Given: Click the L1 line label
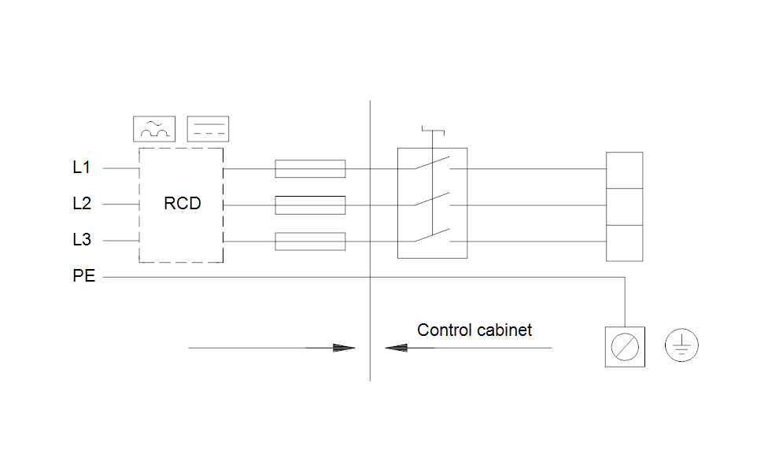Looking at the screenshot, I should pyautogui.click(x=82, y=168).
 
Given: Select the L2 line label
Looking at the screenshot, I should pyautogui.click(x=82, y=204).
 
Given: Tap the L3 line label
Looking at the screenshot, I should pyautogui.click(x=82, y=240).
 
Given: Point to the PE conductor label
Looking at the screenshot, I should pyautogui.click(x=83, y=277).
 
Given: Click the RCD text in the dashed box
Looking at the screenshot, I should pyautogui.click(x=182, y=204).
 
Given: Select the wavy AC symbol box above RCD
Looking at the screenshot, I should pyautogui.click(x=153, y=128).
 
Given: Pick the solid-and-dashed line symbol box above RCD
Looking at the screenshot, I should pyautogui.click(x=208, y=128).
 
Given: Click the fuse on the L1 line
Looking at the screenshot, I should pyautogui.click(x=310, y=168).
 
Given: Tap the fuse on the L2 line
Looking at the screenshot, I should pyautogui.click(x=310, y=205).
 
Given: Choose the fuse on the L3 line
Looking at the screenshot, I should pyautogui.click(x=310, y=242).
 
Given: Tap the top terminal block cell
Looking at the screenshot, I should pyautogui.click(x=624, y=170).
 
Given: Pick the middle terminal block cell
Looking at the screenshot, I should pyautogui.click(x=624, y=206).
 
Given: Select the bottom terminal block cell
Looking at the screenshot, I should pyautogui.click(x=624, y=242).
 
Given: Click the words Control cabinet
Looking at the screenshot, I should pyautogui.click(x=474, y=330).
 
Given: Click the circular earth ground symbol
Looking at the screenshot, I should pyautogui.click(x=681, y=346).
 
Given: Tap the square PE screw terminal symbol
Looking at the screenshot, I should pyautogui.click(x=625, y=347).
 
